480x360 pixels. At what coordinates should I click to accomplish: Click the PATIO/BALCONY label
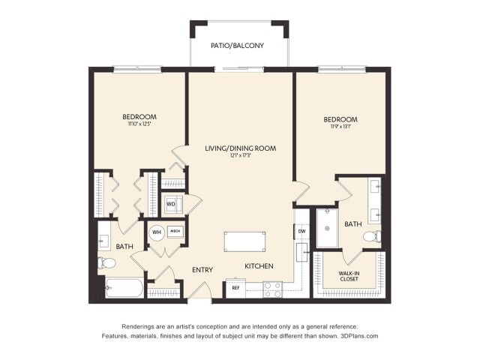pos(238,46)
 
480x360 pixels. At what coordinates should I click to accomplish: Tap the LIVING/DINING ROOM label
pos(240,148)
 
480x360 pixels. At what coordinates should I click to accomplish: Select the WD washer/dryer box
pos(171,203)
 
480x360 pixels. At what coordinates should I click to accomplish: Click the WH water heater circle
pos(157,232)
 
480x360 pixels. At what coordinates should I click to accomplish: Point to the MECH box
pos(175,232)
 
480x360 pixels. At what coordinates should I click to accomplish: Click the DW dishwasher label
pos(301,232)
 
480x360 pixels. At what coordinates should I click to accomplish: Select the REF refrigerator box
pos(235,288)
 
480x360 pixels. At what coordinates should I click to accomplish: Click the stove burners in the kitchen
pos(272,288)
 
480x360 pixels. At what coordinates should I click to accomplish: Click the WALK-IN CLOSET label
pos(348,275)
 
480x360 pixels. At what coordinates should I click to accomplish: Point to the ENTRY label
pos(202,269)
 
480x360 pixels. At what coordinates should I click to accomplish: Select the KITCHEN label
pos(259,266)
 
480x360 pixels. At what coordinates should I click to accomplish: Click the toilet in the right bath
pos(371,237)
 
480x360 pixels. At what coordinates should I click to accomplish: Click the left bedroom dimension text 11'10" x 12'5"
pos(139,124)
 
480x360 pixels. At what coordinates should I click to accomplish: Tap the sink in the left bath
pos(104,241)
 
